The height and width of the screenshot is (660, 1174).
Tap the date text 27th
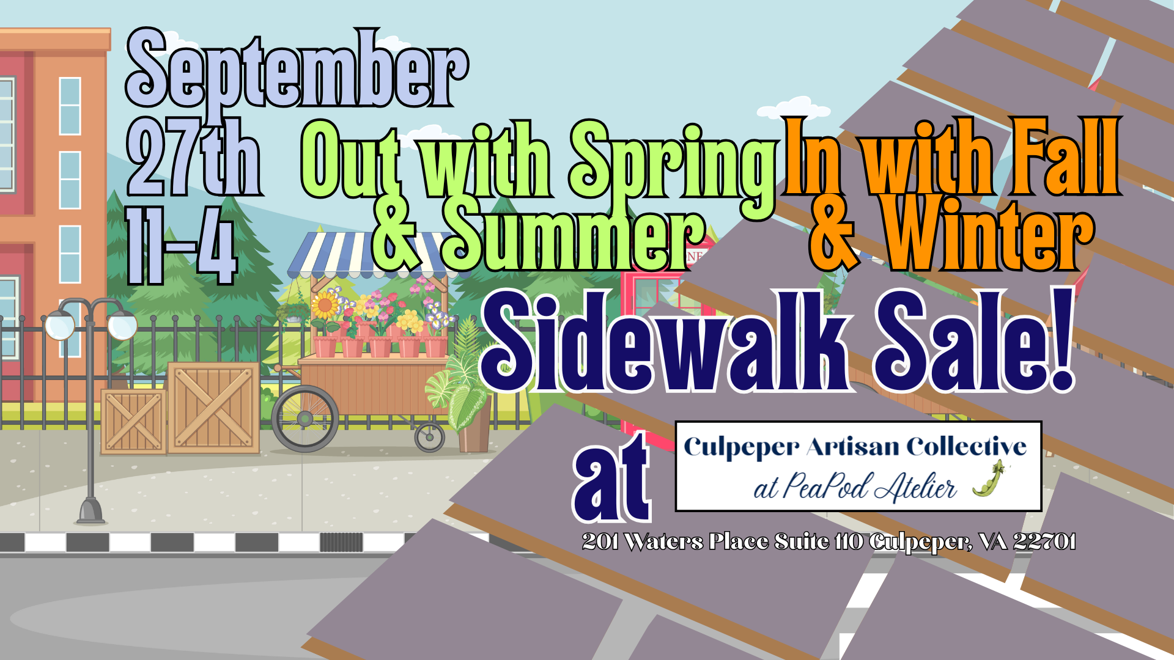[194, 158]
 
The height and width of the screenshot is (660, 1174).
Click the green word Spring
[673, 162]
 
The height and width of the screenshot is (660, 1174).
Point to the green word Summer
[572, 235]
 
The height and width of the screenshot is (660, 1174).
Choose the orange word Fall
[1064, 158]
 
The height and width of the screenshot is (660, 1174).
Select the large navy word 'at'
[611, 480]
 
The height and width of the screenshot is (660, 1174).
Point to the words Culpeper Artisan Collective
[855, 447]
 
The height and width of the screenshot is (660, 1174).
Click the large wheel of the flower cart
[305, 419]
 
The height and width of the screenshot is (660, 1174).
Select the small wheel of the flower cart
[430, 437]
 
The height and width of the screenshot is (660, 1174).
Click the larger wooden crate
[213, 408]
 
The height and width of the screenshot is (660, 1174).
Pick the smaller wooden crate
[133, 422]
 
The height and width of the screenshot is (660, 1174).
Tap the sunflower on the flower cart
[325, 304]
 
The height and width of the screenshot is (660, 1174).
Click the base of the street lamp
[91, 512]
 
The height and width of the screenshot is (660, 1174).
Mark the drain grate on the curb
[341, 542]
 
